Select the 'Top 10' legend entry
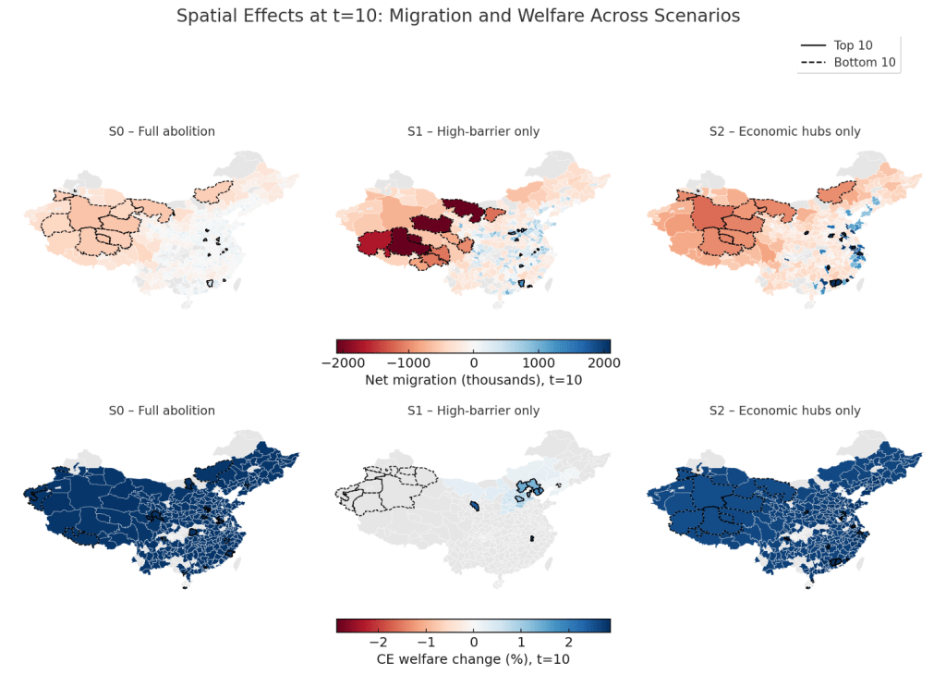pos(853,45)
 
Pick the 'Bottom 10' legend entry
pos(864,63)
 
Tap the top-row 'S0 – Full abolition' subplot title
pos(162,131)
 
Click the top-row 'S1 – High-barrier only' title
pos(473,131)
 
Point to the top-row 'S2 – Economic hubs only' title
pos(784,131)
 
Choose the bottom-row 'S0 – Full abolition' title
pos(162,411)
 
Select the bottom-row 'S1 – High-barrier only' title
pos(473,411)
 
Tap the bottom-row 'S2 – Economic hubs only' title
pos(784,411)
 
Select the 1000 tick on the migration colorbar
pos(542,362)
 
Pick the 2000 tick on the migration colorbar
pos(610,362)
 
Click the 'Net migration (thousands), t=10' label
pos(473,380)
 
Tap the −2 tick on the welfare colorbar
pos(377,641)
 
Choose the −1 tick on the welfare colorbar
pos(425,641)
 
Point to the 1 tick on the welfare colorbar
pos(521,641)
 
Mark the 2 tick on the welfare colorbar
pos(569,641)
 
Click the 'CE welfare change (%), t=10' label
pos(473,659)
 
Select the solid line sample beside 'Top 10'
pos(814,45)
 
